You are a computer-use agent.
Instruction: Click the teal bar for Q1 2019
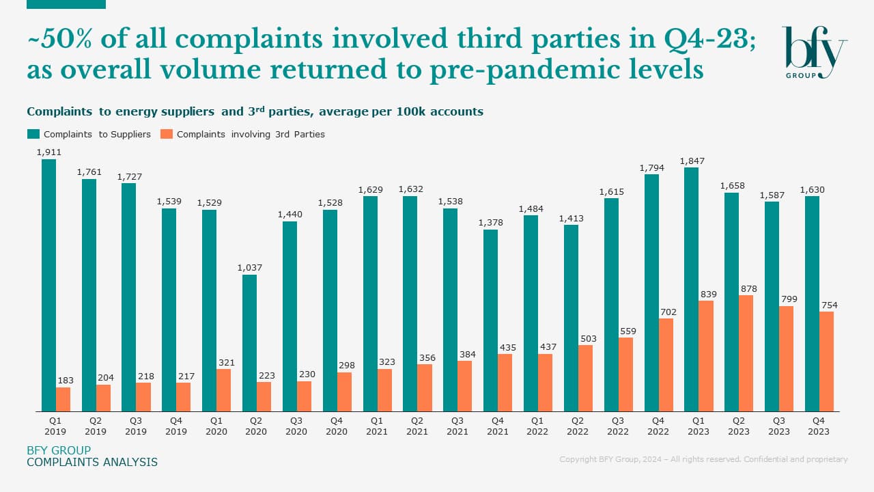click(48, 286)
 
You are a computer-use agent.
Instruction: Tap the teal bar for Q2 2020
click(249, 343)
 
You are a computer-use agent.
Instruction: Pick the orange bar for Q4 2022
click(665, 365)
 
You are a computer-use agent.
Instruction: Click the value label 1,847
click(692, 161)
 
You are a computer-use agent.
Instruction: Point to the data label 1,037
click(250, 268)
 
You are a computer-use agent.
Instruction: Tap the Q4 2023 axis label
click(819, 426)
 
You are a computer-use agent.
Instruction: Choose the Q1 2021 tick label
click(376, 426)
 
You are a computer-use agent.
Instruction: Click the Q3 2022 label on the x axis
click(617, 426)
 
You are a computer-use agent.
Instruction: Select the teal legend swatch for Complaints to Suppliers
click(33, 134)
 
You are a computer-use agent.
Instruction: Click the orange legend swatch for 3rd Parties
click(166, 134)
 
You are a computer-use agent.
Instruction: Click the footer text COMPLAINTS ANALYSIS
click(92, 463)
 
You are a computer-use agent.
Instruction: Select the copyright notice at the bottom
click(703, 459)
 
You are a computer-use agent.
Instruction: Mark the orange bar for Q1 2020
click(223, 390)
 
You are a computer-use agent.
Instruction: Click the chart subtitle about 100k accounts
click(255, 111)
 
